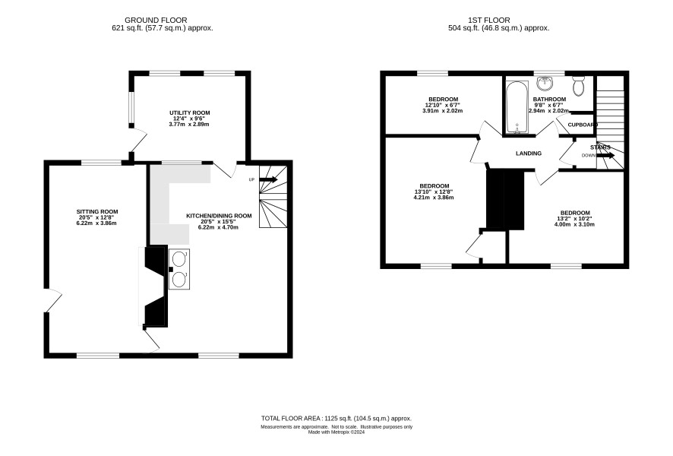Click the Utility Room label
(x=189, y=113)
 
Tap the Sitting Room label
(x=97, y=212)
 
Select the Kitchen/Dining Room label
(x=219, y=216)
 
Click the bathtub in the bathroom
(x=517, y=107)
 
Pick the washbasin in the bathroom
(x=545, y=83)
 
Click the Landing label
(x=529, y=154)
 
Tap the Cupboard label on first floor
(x=583, y=125)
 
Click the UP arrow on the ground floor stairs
(x=268, y=179)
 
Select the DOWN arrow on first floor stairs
(x=605, y=155)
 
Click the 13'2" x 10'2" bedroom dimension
(x=575, y=219)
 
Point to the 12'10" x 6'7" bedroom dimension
(x=444, y=105)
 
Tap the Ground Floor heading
(x=156, y=21)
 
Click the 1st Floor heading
(x=489, y=21)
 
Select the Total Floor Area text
(x=336, y=418)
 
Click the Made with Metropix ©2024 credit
(x=336, y=432)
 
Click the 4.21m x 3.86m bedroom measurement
(x=434, y=198)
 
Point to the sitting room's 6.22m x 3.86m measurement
(x=97, y=223)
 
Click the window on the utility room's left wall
(x=133, y=107)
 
